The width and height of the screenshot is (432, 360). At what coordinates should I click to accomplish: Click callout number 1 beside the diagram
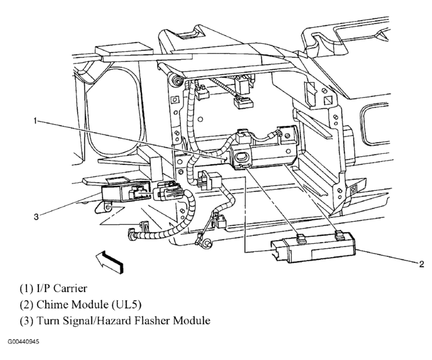[35, 120]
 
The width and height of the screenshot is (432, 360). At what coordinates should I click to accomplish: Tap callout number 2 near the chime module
[422, 264]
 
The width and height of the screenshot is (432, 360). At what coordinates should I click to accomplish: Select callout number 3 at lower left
[36, 217]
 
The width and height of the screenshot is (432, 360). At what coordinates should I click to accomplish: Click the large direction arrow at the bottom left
[109, 262]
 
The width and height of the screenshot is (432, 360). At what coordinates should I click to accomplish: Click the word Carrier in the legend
[70, 288]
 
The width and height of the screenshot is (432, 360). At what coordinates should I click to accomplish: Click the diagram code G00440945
[23, 342]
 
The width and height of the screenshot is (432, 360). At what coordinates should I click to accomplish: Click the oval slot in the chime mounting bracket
[241, 157]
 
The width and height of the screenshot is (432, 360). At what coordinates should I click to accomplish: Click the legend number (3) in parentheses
[26, 320]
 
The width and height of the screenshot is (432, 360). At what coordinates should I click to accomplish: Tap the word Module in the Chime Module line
[90, 304]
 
